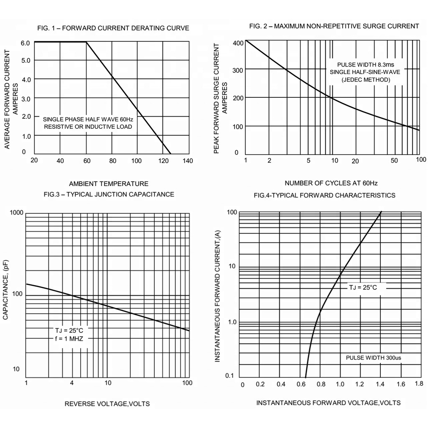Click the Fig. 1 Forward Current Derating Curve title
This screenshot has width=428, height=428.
(113, 28)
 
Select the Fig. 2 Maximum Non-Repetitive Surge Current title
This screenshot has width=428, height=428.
(334, 26)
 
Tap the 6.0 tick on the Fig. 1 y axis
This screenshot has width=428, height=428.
(25, 43)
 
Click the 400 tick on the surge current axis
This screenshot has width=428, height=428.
(238, 43)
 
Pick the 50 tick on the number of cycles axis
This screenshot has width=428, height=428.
(395, 161)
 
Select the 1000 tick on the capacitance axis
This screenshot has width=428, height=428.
(17, 213)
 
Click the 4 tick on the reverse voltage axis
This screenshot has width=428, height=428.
(72, 383)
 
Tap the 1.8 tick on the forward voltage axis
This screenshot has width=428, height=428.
(418, 384)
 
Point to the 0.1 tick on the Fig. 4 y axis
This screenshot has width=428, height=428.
(230, 375)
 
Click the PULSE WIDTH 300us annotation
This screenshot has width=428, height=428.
(374, 358)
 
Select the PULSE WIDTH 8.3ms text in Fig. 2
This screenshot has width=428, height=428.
(365, 65)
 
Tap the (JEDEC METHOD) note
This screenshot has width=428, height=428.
(366, 79)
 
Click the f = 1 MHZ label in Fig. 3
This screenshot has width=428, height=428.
(69, 338)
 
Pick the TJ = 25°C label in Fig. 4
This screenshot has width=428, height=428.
(363, 288)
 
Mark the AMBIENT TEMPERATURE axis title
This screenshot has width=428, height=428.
(109, 183)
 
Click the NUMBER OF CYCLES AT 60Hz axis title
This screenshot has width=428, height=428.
(331, 183)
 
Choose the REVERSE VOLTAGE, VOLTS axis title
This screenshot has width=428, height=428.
(107, 404)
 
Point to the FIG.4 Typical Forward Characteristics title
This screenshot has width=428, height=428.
(324, 195)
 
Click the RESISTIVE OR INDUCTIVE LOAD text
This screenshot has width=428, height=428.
(88, 127)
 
